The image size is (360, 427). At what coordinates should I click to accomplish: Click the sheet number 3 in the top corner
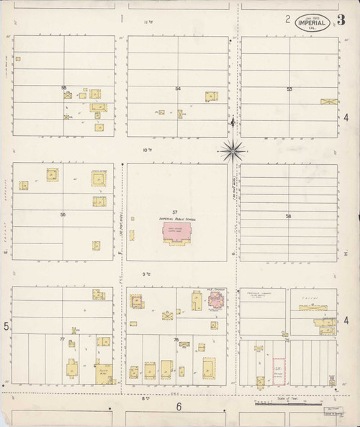[x=340, y=19]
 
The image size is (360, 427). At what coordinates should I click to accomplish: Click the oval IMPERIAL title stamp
[x=315, y=22]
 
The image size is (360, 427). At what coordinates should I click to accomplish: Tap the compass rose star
[x=233, y=151]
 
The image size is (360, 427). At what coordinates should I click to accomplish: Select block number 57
[x=174, y=212]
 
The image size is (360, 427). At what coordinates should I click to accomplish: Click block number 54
[x=177, y=89]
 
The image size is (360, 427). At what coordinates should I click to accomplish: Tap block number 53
[x=289, y=89]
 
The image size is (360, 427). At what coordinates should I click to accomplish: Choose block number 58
[x=288, y=216]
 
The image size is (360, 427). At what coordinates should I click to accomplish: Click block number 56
[x=63, y=214]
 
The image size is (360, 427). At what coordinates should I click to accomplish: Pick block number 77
[x=63, y=338]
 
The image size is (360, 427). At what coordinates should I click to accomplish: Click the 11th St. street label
[x=150, y=22]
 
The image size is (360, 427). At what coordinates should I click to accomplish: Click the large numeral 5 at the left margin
[x=6, y=328]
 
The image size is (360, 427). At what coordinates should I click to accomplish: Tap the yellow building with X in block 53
[x=329, y=102]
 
